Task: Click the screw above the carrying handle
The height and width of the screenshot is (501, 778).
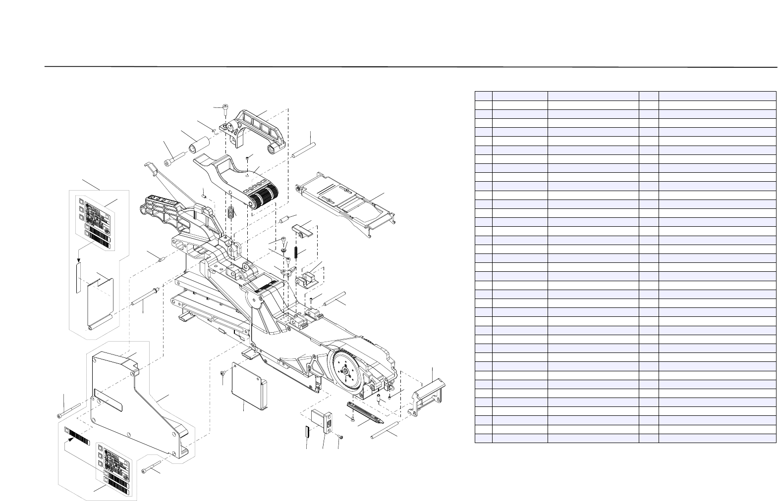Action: coord(225,108)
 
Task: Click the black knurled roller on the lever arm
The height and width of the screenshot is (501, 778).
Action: coord(263,198)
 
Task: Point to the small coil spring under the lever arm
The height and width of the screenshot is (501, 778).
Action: coord(231,212)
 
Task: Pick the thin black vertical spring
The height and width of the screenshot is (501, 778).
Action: coord(296,251)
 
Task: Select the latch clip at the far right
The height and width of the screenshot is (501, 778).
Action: coord(426,394)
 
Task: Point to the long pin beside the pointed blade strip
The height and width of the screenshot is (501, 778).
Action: coord(386,431)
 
